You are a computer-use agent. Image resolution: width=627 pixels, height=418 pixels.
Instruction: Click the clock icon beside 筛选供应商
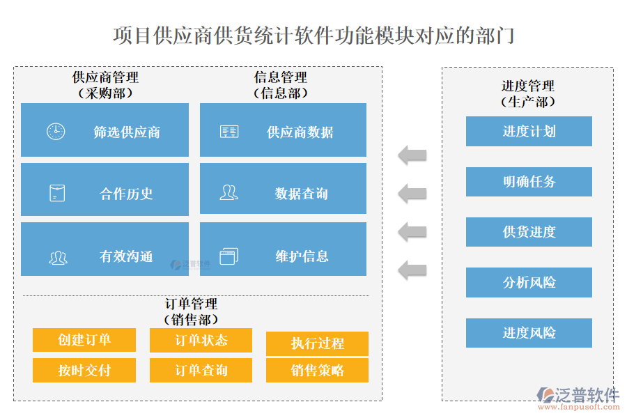pos(56,131)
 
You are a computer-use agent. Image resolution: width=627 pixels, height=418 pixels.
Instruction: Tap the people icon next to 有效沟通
pos(58,257)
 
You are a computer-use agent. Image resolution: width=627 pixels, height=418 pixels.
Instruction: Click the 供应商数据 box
pos(283,131)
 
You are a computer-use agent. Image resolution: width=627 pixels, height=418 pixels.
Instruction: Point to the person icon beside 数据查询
pos(229,193)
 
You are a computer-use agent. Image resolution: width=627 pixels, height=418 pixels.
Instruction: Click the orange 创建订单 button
pos(84,340)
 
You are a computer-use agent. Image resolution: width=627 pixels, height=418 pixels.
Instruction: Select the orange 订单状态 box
pos(201,340)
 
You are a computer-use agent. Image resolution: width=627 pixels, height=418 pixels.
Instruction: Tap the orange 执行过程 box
pos(317,343)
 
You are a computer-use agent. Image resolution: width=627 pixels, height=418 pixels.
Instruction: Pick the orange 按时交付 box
pos(84,370)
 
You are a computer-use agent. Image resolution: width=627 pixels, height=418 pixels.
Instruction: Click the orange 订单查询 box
pos(201,370)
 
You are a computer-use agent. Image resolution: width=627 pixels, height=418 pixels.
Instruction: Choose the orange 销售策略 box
pos(317,370)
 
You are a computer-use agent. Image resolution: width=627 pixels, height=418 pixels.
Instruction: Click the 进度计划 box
pos(529,131)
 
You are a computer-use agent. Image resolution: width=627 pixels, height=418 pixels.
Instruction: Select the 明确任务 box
pos(529,182)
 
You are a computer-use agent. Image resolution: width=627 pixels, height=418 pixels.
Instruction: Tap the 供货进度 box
pos(529,232)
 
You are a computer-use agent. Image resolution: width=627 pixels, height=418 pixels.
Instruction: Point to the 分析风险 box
pos(529,283)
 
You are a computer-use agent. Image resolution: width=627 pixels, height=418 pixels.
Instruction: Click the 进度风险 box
pos(529,333)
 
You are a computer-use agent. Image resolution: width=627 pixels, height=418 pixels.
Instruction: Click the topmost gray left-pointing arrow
pos(412,155)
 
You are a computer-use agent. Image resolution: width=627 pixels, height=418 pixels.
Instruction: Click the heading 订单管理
pos(191,304)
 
